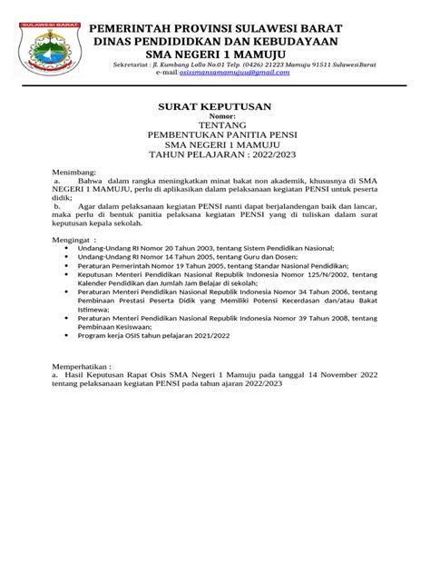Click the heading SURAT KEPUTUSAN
[x=215, y=105]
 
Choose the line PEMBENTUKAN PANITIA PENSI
[x=214, y=134]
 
